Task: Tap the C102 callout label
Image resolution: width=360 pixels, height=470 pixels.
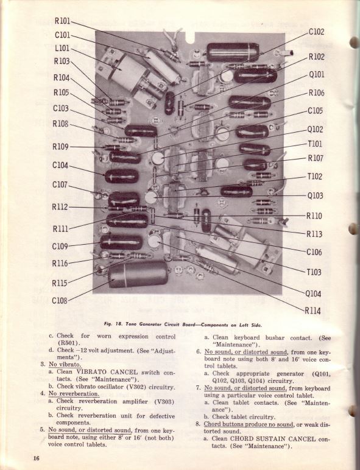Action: coord(316,32)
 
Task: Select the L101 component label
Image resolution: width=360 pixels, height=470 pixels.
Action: coord(62,48)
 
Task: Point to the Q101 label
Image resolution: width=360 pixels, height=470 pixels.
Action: coord(316,75)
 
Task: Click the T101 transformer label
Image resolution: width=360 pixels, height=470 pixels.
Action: coord(315,144)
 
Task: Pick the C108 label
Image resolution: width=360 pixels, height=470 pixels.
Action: coord(60,300)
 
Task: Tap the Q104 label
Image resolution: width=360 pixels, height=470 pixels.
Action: coord(314,293)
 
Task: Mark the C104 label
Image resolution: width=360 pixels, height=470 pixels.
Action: coord(60,166)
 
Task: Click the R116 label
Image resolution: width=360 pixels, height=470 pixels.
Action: coord(60,263)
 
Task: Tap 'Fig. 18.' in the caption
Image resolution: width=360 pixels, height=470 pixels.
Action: coord(115,324)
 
